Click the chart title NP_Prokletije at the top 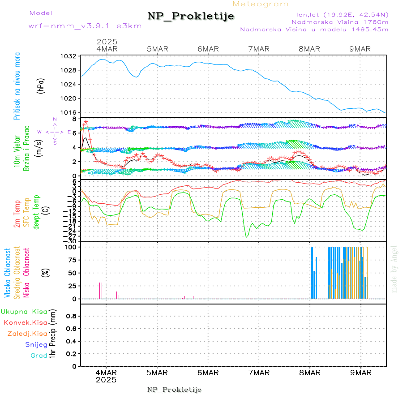(x=191, y=17)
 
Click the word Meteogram (x=261, y=4)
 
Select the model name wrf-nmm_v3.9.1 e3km (x=85, y=26)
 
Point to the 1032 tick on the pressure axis (x=69, y=56)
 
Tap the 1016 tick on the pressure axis (x=69, y=112)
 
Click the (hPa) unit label (x=41, y=85)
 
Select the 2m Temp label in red (x=17, y=214)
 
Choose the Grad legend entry (x=39, y=356)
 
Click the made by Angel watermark (x=394, y=269)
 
